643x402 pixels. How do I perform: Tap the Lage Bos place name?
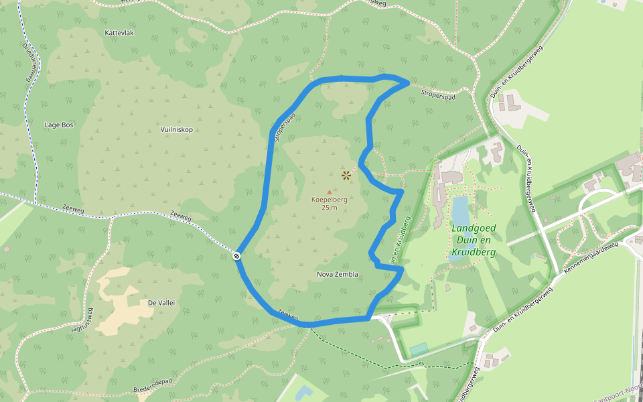point(58,125)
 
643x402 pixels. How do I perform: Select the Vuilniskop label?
point(177,129)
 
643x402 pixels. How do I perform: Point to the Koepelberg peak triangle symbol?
point(329,192)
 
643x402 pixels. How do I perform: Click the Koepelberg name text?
point(329,199)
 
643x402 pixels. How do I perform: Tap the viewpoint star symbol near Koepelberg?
point(346,176)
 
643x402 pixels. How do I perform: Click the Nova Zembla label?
point(337,274)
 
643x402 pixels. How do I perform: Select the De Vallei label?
point(161,303)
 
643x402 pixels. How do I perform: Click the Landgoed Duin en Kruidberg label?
point(474,240)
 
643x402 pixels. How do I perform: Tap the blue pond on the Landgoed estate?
point(460,210)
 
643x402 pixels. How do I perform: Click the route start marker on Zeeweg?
point(237,255)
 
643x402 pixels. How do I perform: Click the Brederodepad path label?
point(153,386)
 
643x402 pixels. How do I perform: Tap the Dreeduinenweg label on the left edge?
point(29,64)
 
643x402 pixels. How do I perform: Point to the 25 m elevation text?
point(329,208)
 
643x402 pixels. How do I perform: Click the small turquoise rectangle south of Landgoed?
point(419,349)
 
